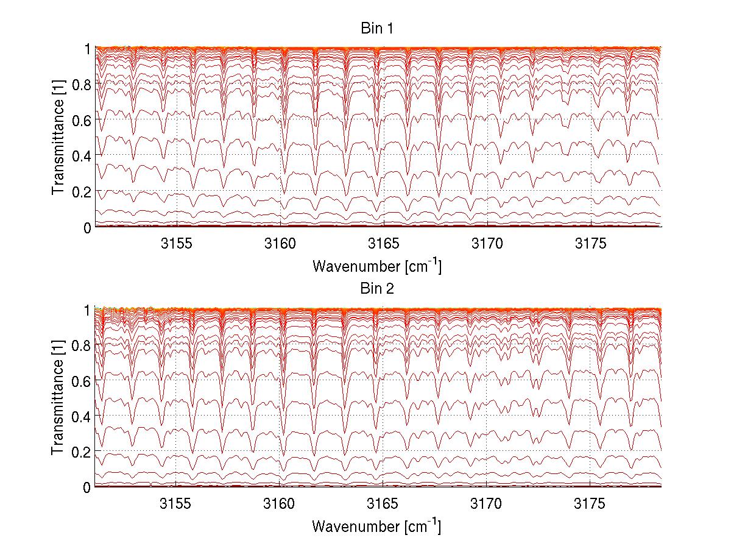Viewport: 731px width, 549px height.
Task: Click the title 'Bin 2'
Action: click(377, 289)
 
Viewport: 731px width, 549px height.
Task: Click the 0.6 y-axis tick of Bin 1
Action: click(82, 120)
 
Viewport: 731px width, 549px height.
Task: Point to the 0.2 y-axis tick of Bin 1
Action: click(82, 191)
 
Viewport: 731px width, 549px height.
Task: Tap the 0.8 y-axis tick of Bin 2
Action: click(82, 345)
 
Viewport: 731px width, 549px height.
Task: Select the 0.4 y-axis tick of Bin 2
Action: click(82, 416)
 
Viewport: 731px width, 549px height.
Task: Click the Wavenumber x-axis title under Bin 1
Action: click(376, 266)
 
